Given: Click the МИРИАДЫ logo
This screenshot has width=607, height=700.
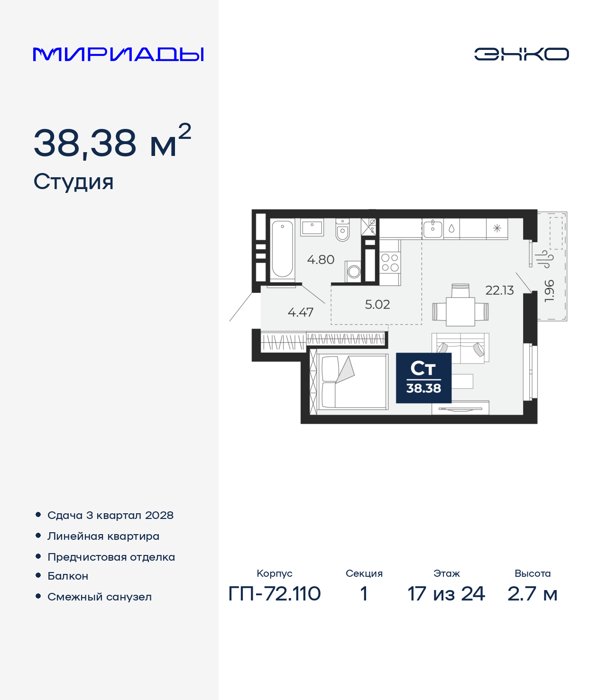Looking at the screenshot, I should click(x=118, y=55).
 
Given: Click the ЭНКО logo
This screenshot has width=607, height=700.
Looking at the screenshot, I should click(x=521, y=54).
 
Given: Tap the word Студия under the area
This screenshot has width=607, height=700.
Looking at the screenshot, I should click(x=74, y=182).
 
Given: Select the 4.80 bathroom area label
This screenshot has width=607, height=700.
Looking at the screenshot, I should click(x=321, y=260).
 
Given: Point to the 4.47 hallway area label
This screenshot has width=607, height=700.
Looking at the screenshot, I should click(x=300, y=312).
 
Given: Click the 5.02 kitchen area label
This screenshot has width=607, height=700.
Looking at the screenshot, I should click(x=377, y=304).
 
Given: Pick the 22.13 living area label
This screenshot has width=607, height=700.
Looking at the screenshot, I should click(x=499, y=291).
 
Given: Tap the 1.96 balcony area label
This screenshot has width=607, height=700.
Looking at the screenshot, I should click(x=549, y=291).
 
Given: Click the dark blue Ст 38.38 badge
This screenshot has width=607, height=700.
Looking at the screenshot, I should click(x=423, y=378).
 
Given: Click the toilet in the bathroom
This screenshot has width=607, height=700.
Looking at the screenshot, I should click(x=342, y=229).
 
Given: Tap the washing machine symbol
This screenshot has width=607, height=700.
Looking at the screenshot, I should click(x=354, y=272).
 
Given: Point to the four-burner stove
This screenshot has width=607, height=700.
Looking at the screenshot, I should click(x=390, y=263).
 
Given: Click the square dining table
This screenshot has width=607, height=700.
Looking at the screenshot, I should click(x=460, y=311).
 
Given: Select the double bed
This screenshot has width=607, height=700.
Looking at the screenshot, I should click(x=353, y=382).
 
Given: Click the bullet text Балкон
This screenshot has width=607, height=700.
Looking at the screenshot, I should click(x=68, y=576).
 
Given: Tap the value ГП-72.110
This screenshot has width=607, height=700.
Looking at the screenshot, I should click(x=275, y=593).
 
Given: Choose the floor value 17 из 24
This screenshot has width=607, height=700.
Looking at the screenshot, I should click(x=446, y=593).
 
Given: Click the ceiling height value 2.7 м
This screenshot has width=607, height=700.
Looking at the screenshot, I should click(x=533, y=593).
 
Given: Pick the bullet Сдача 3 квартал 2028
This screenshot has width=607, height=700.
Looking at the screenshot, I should click(x=110, y=515).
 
